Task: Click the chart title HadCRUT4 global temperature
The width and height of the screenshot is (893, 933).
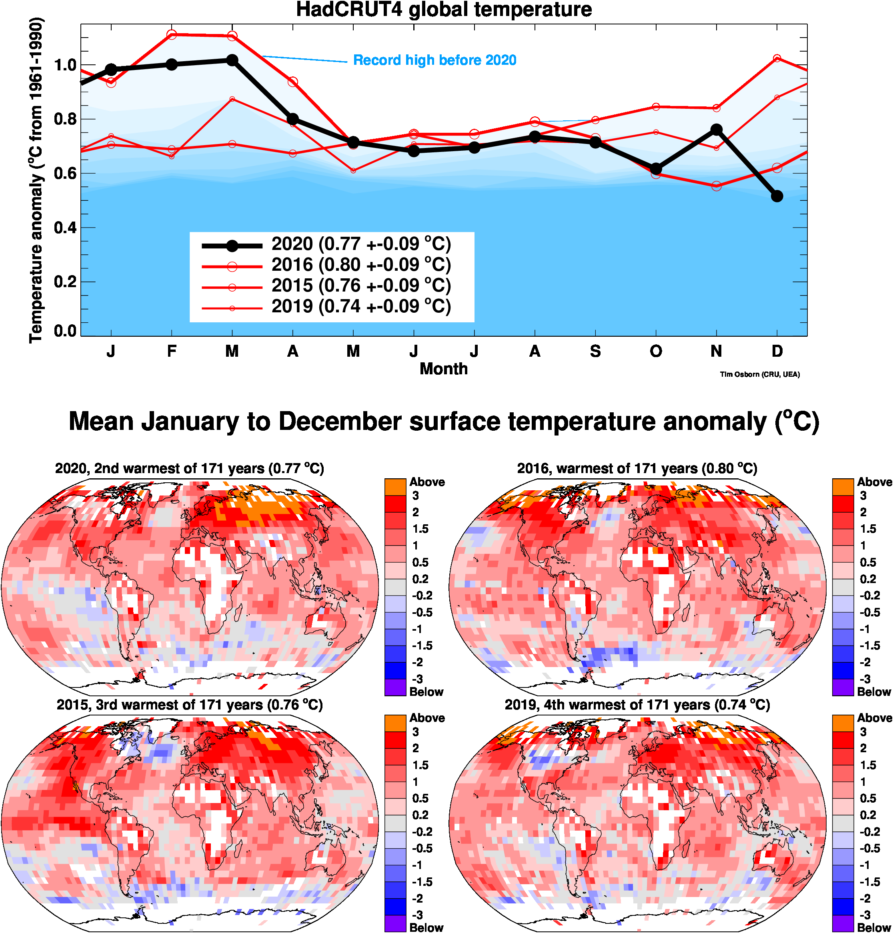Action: (444, 10)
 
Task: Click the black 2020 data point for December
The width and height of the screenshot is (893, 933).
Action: (777, 196)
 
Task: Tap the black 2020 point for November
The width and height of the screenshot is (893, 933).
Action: (717, 130)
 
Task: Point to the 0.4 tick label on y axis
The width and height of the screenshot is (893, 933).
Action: (65, 228)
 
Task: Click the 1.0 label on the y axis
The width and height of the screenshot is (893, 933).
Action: (65, 65)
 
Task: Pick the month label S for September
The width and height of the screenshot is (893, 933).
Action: (595, 351)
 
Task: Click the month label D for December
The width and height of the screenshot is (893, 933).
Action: (777, 351)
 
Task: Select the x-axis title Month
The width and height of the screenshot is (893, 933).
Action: (444, 369)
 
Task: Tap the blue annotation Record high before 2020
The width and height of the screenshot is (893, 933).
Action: (434, 60)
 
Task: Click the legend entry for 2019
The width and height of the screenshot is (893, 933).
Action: (361, 306)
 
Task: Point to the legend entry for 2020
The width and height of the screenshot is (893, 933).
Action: (361, 244)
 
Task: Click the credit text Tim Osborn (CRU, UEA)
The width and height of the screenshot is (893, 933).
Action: (760, 374)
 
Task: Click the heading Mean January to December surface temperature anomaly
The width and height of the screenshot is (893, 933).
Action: (444, 422)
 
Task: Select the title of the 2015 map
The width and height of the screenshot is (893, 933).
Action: (190, 705)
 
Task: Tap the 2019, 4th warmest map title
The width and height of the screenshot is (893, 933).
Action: (637, 705)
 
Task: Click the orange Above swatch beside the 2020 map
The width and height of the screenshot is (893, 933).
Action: (395, 487)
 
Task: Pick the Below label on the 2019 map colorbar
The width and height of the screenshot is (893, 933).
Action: (874, 927)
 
